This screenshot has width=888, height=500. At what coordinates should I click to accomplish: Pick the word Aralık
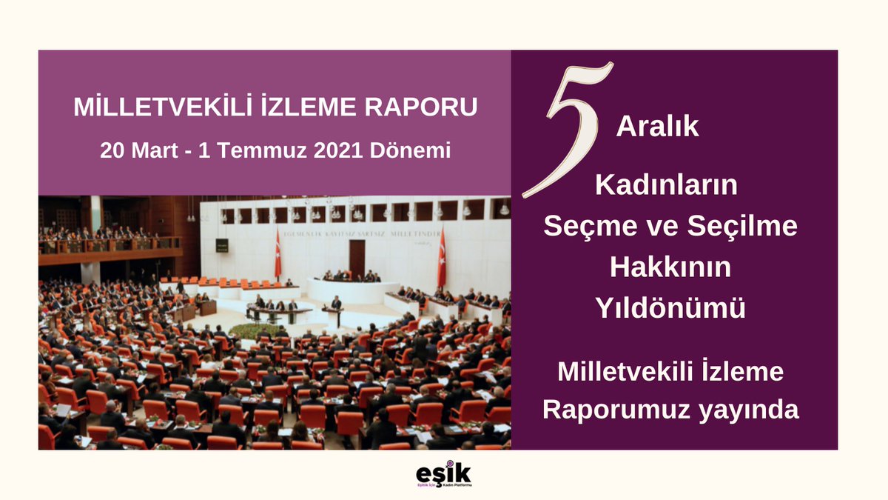(x=658, y=127)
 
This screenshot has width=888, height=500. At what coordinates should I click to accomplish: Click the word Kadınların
(x=667, y=185)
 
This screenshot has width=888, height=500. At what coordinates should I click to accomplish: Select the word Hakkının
(x=670, y=267)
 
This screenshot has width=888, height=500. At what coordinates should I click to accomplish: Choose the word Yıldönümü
(x=670, y=309)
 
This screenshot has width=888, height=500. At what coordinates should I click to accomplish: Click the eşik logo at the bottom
(x=444, y=474)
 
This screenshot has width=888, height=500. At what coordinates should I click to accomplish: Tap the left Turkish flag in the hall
(x=278, y=254)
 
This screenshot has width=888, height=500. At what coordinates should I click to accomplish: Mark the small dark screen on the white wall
(x=221, y=245)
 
